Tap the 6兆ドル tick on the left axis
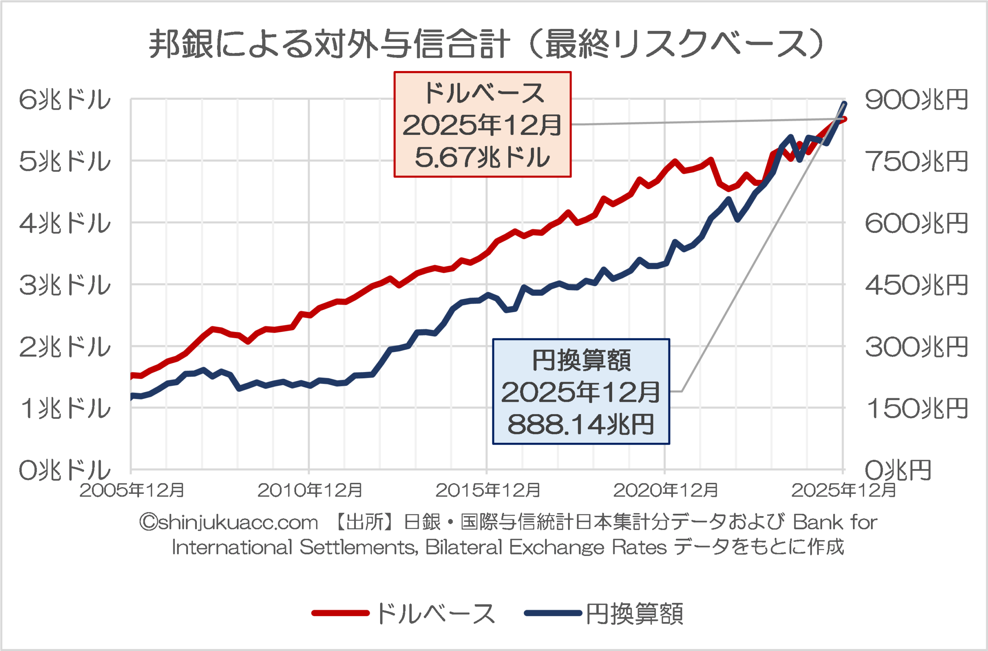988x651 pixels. (65, 100)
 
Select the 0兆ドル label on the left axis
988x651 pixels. (65, 470)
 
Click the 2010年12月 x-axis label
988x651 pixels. (310, 491)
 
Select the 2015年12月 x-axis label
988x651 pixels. (488, 491)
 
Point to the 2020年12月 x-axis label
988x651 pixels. (665, 491)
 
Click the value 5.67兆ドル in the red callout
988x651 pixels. (482, 158)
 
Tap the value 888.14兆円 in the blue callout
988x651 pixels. (581, 425)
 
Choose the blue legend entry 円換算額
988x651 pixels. (634, 614)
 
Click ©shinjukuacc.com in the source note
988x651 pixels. (229, 522)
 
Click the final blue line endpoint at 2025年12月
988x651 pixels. (844, 104)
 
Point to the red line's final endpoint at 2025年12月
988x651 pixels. (844, 119)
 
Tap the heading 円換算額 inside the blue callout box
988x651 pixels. (581, 360)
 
